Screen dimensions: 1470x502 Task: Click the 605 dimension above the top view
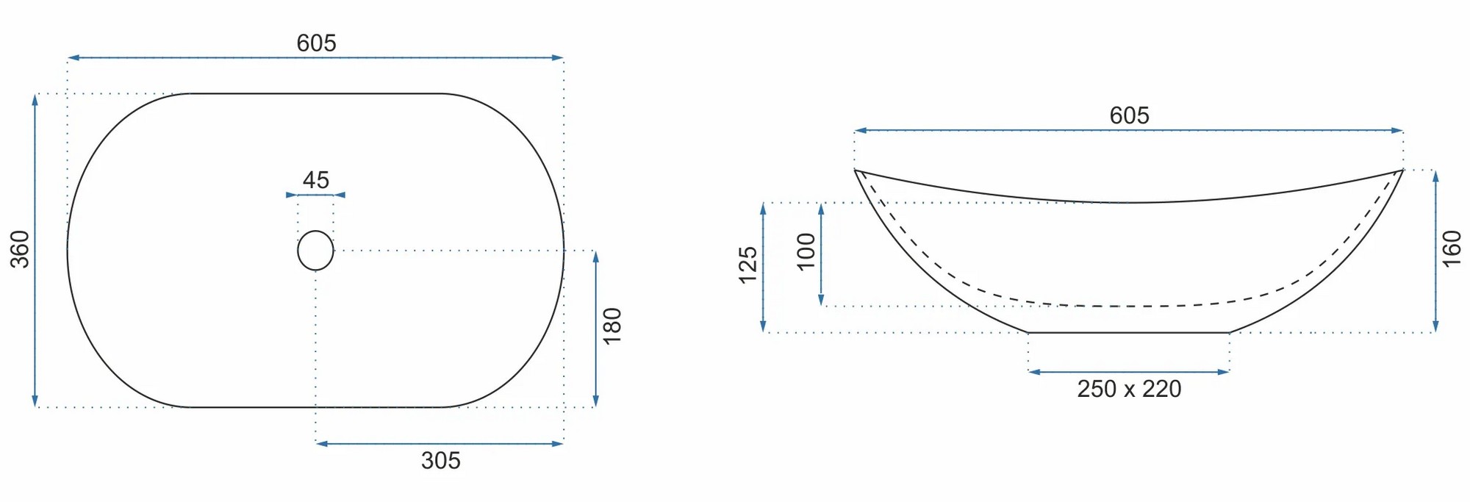(x=316, y=43)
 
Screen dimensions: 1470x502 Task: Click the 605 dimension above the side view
(x=1129, y=115)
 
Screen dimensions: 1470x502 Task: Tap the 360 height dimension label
(x=20, y=249)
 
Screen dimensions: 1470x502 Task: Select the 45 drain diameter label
(x=316, y=180)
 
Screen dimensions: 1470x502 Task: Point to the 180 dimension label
(x=612, y=326)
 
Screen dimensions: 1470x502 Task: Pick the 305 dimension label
(x=441, y=461)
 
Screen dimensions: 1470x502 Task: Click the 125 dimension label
(x=747, y=265)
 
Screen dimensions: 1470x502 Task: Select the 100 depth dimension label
(x=806, y=251)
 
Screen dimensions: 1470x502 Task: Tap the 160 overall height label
(x=1452, y=248)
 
